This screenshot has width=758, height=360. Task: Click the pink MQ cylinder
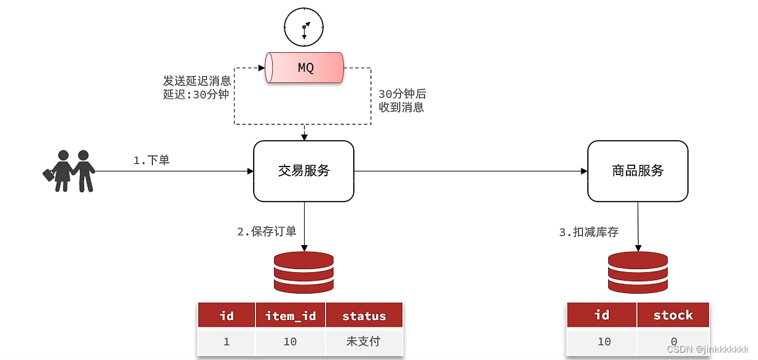coord(304,68)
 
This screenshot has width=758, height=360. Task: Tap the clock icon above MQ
coord(303,27)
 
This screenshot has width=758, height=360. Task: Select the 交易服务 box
coord(303,171)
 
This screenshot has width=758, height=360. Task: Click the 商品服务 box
coord(638,171)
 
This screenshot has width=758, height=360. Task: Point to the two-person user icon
coord(69,171)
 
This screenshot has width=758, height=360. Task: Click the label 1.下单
coord(151,160)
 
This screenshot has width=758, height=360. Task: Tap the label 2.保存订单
coord(267,232)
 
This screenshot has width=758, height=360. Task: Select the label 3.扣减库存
coord(588,232)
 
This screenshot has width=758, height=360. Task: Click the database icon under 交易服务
coord(303,272)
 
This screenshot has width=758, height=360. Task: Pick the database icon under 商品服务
coord(638,272)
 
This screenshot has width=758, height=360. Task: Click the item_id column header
coord(291,316)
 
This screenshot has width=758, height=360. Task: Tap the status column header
coord(364,316)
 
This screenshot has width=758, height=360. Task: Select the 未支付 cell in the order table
coord(364,342)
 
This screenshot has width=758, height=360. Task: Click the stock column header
coord(673,315)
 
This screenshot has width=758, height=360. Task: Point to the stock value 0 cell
coord(673,342)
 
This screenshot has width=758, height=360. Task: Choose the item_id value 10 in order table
coord(291,342)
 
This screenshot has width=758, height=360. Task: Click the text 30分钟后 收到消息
coord(402,101)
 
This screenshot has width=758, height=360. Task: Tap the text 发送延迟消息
coord(197,81)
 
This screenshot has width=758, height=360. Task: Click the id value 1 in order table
coord(227,342)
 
